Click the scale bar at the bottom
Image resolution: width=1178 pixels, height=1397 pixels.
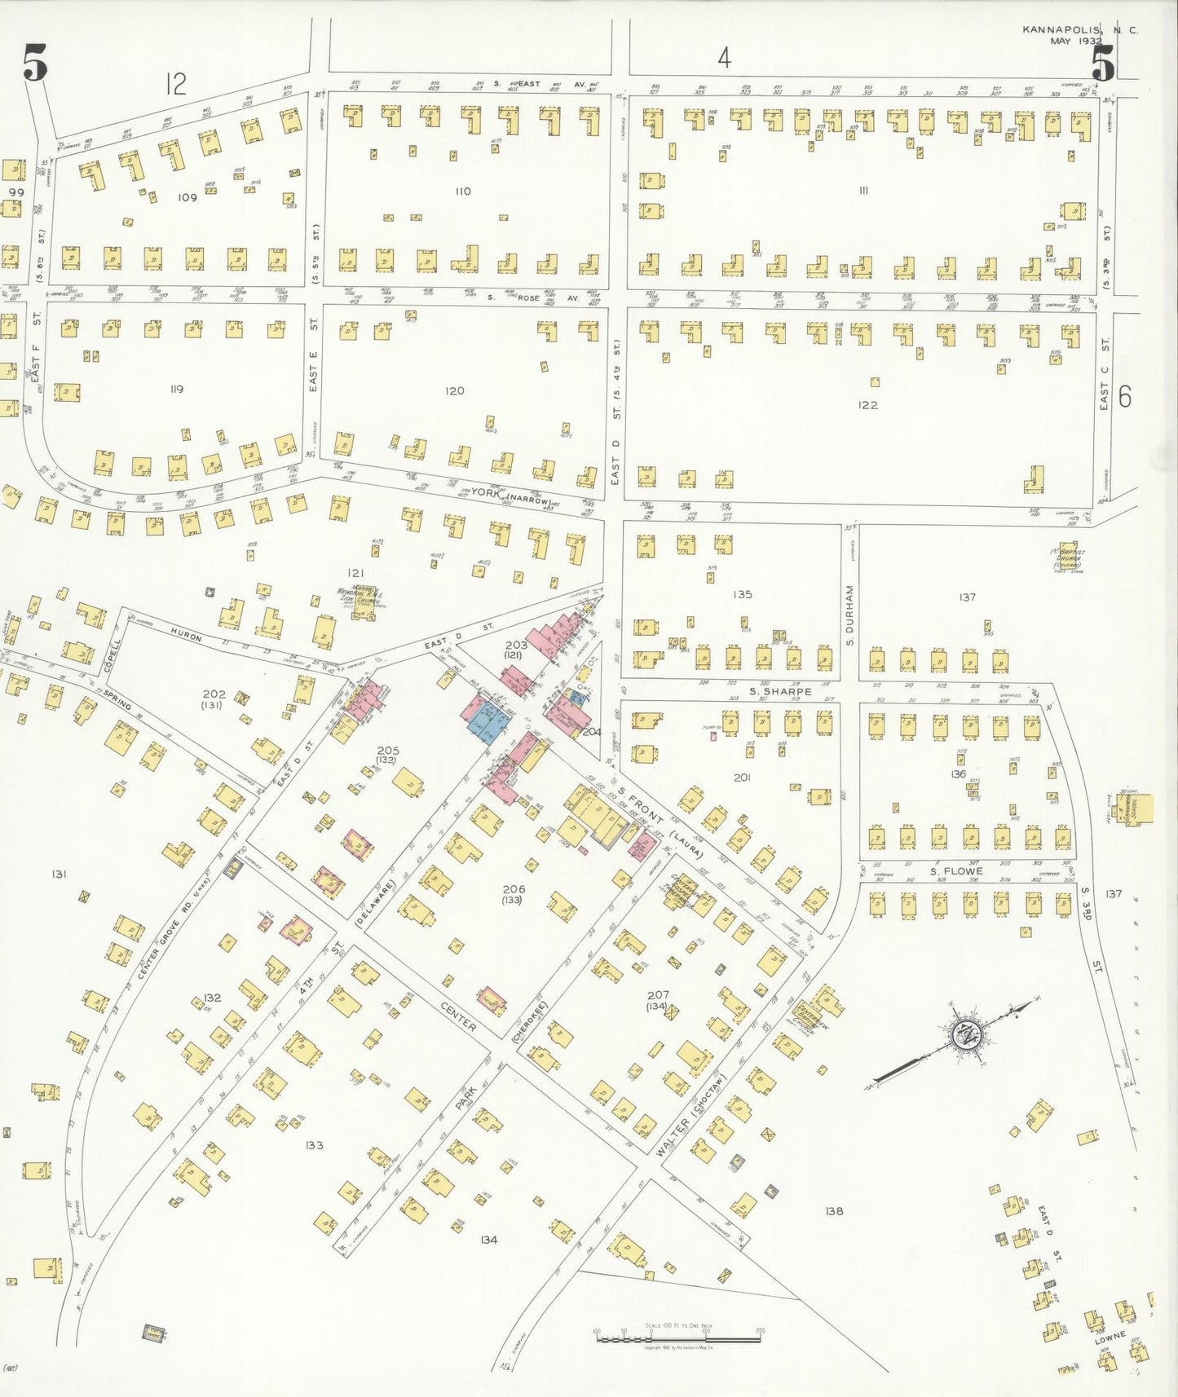[678, 1338]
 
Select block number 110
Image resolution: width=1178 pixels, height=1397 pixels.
[463, 191]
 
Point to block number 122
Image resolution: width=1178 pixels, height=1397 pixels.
[867, 404]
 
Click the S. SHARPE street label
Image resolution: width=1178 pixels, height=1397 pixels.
[780, 691]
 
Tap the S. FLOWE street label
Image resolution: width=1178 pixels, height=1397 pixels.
[956, 871]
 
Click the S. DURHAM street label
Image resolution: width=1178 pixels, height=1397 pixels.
[849, 615]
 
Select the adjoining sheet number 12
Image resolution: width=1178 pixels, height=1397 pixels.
[175, 83]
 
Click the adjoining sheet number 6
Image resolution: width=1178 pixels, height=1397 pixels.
[1125, 396]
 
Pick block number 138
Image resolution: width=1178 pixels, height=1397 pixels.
[833, 1211]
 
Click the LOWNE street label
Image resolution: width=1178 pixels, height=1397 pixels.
[1110, 1338]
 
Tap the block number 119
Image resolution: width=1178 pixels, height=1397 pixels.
[176, 389]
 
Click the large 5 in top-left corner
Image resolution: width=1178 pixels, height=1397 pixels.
[35, 64]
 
